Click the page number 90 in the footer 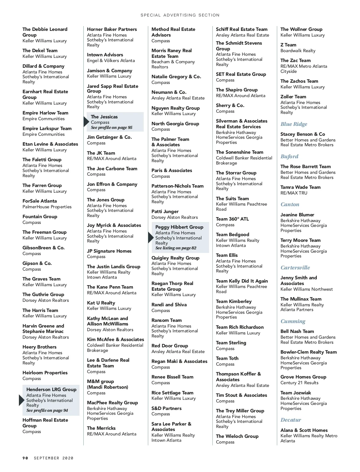tap(25, 458)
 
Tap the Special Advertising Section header tap(180, 15)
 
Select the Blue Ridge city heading tap(294, 124)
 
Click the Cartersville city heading tap(295, 268)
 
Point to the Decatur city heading tap(291, 420)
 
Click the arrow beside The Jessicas tap(86, 122)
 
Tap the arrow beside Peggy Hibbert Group tap(151, 238)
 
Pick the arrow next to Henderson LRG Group tap(22, 400)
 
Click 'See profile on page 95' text tap(112, 128)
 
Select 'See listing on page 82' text tap(176, 248)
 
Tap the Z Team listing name tap(288, 45)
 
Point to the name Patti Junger tap(165, 212)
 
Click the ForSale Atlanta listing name tap(40, 201)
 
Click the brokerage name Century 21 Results tap(299, 383)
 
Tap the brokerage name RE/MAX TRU tap(294, 193)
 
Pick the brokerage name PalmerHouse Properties tap(47, 207)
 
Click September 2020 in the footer tap(54, 458)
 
